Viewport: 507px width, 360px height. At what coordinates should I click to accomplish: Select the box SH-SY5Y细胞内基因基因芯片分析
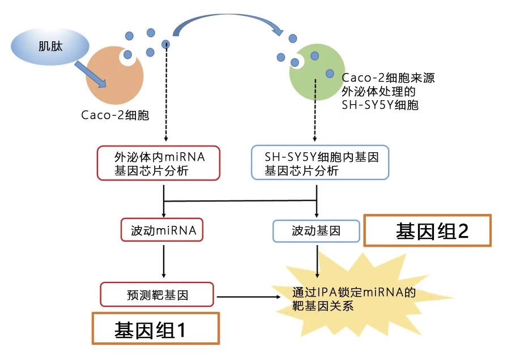point(320,163)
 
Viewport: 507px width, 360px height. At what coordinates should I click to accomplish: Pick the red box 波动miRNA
point(163,230)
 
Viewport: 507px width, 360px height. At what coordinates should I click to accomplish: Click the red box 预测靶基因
point(157,295)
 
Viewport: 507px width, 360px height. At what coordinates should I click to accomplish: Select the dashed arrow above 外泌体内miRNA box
point(165,96)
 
